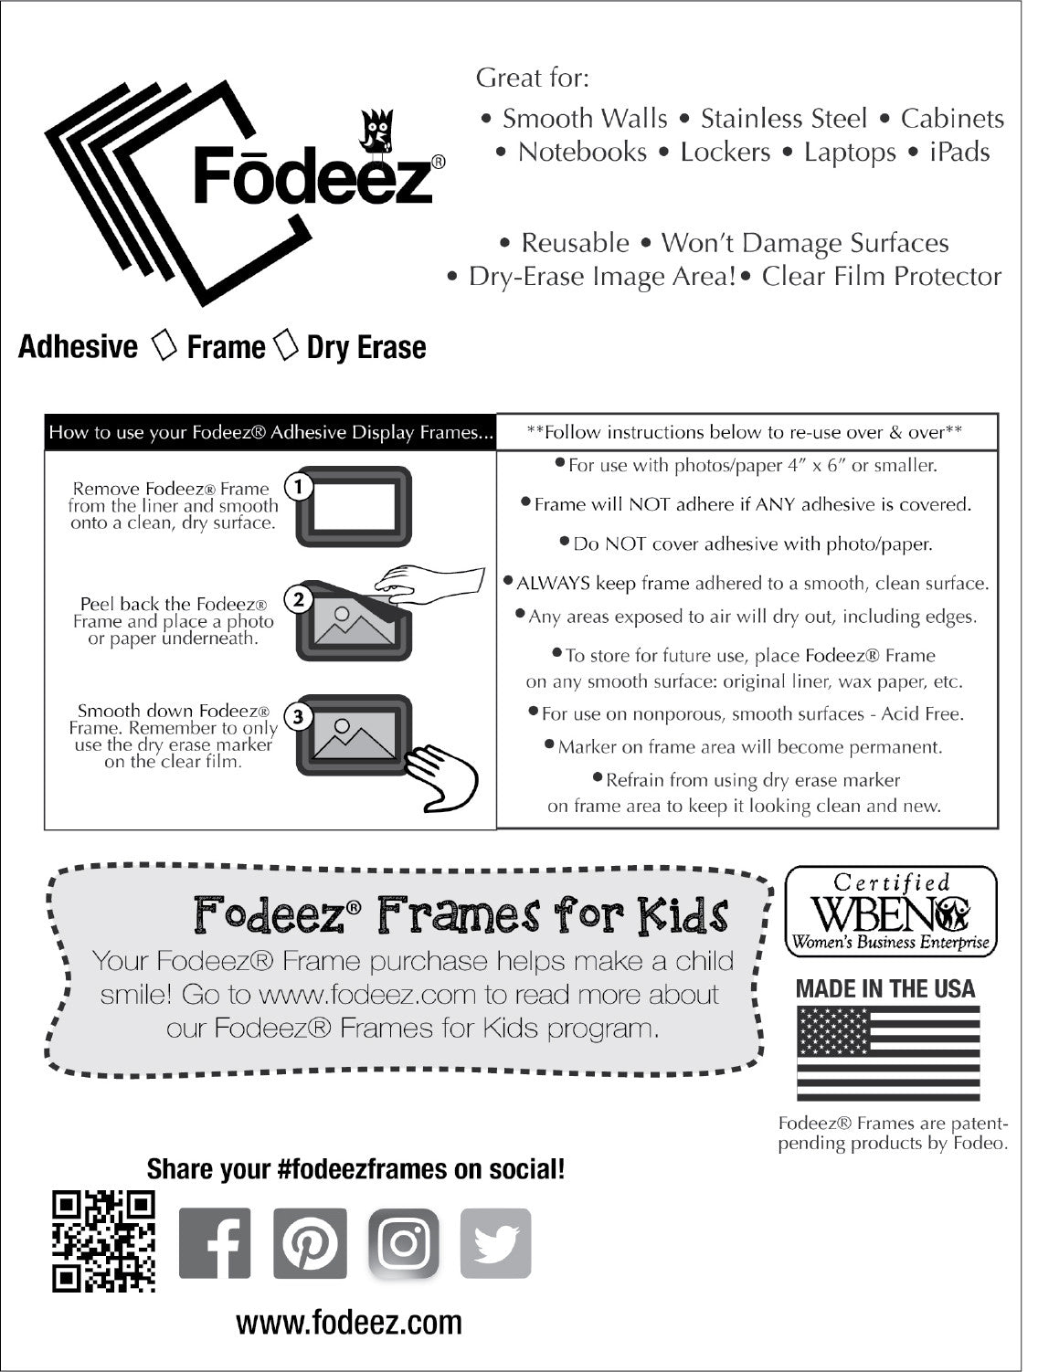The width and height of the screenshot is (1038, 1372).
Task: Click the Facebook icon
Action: (x=215, y=1243)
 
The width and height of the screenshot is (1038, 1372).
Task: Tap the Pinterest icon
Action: (x=311, y=1243)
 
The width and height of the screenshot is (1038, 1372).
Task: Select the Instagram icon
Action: (x=404, y=1243)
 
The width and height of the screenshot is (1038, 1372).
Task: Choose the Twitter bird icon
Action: (x=496, y=1243)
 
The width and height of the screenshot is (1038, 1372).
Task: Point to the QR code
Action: (x=103, y=1241)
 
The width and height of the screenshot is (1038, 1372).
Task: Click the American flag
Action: (x=888, y=1053)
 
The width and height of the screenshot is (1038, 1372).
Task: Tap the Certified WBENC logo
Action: (x=891, y=911)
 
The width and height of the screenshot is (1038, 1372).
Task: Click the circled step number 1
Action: (x=299, y=487)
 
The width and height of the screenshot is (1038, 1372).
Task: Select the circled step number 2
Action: (x=299, y=600)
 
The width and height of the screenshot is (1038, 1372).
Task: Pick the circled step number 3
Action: (x=299, y=717)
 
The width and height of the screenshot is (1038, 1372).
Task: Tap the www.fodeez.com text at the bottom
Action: (x=349, y=1322)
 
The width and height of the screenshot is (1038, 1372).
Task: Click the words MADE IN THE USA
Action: (x=885, y=988)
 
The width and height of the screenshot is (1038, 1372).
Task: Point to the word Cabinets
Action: (x=952, y=119)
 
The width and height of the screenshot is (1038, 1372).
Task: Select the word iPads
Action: (x=959, y=152)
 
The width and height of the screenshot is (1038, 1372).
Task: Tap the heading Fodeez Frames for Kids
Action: (x=461, y=913)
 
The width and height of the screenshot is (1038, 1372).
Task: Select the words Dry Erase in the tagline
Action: (x=366, y=347)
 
